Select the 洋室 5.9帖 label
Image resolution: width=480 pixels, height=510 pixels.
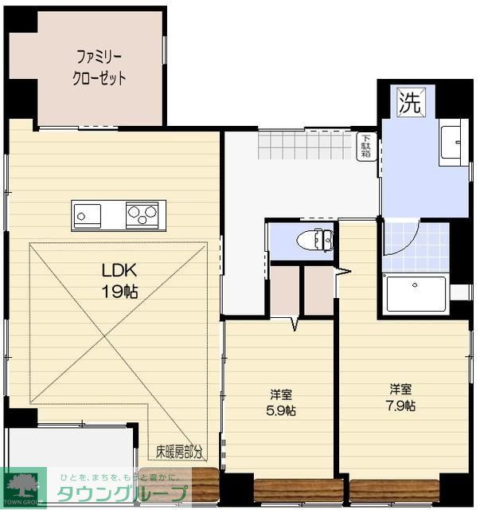click(280, 402)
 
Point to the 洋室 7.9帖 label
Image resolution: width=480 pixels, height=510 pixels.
click(400, 397)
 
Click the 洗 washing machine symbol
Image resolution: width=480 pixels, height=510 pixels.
click(409, 101)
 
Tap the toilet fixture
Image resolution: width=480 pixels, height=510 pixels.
click(316, 239)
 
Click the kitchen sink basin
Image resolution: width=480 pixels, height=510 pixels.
click(87, 214)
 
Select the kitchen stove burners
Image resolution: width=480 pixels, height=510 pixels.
click(142, 214)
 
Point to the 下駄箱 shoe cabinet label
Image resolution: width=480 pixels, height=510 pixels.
click(366, 147)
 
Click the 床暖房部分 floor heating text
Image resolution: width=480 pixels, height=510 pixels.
click(179, 451)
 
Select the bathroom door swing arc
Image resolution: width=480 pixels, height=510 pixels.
click(400, 237)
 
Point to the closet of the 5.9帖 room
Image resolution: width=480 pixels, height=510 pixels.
click(285, 290)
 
